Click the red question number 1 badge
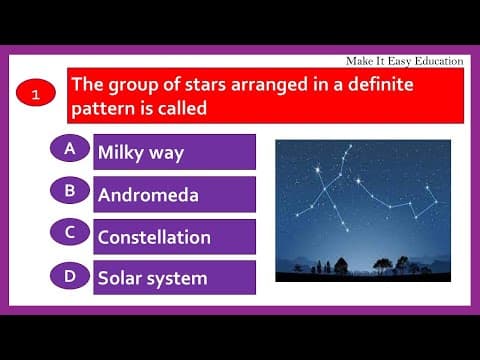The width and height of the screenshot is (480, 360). (x=36, y=96)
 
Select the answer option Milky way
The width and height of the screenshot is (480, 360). (x=174, y=153)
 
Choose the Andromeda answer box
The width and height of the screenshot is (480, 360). (x=174, y=195)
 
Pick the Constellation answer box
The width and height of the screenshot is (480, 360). (x=174, y=237)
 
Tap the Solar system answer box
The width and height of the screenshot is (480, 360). (x=174, y=278)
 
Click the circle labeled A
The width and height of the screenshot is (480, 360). (x=69, y=148)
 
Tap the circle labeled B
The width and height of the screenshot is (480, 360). (x=69, y=189)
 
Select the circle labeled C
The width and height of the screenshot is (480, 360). (x=69, y=231)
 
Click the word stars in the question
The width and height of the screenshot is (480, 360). (x=195, y=84)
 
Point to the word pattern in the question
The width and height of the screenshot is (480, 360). (x=103, y=109)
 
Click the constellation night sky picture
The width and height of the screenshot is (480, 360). (x=362, y=210)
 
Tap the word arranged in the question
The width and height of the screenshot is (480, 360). (x=265, y=84)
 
